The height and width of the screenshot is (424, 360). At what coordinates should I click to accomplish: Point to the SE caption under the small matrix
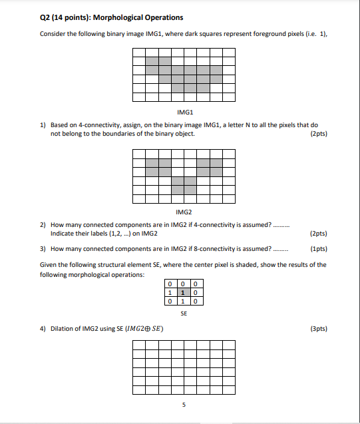pos(183,312)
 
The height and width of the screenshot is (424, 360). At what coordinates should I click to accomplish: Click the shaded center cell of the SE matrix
pos(184,292)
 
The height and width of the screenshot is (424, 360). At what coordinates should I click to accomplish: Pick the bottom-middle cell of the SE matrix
pos(184,301)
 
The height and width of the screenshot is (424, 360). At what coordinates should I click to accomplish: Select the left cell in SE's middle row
pos(171,292)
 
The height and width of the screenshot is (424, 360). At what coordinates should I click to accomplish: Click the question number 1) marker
pos(43,124)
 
